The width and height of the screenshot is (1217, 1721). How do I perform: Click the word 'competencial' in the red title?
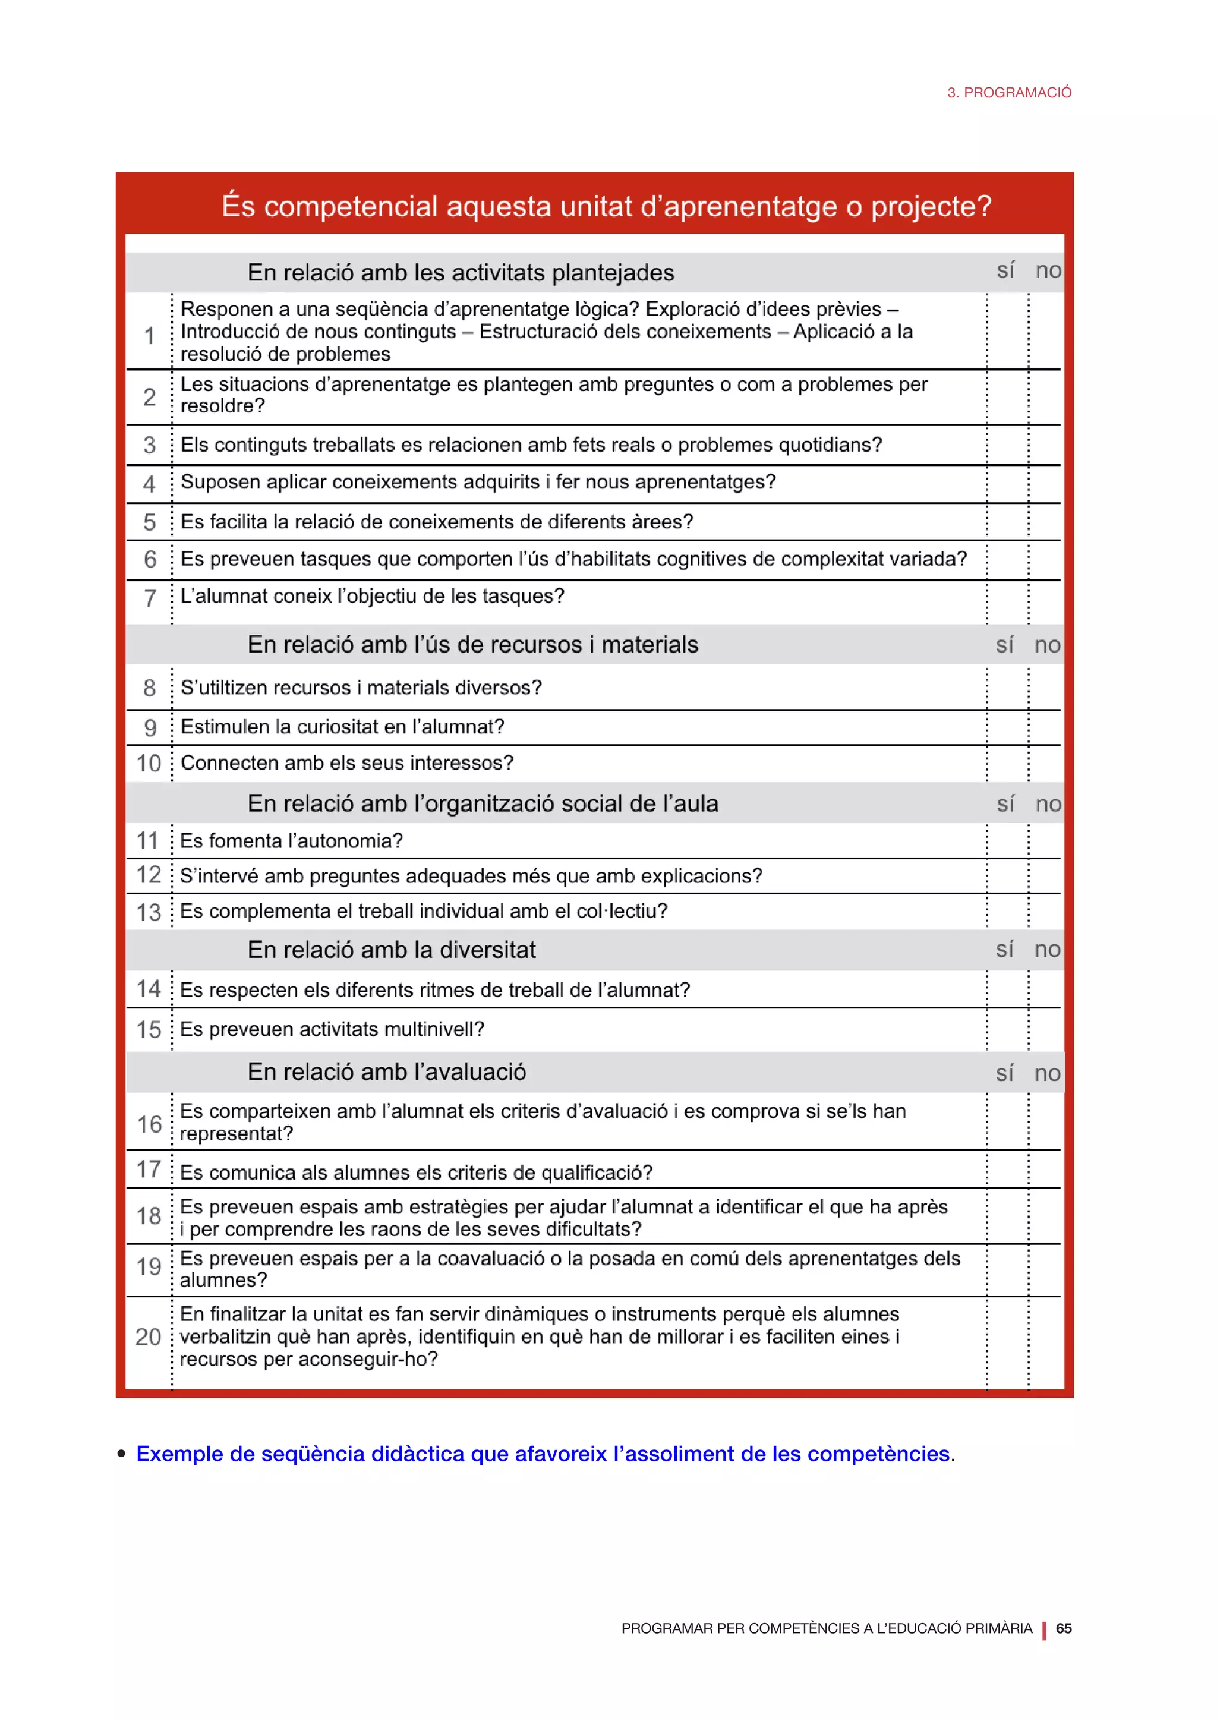click(x=350, y=206)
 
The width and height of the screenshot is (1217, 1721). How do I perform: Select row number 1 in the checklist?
click(x=149, y=335)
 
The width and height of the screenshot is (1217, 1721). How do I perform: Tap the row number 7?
click(x=150, y=597)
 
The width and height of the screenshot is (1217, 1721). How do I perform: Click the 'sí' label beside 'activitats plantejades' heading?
click(x=1005, y=270)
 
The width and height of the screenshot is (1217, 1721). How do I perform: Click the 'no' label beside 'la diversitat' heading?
click(x=1047, y=949)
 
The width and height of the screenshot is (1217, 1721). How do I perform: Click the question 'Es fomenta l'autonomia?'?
click(x=292, y=840)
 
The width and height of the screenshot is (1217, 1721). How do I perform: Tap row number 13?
click(x=149, y=912)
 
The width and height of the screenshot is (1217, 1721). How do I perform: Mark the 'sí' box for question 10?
click(x=1007, y=764)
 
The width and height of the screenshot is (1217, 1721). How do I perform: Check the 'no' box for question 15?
click(x=1045, y=1029)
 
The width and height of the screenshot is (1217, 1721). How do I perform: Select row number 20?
click(x=149, y=1337)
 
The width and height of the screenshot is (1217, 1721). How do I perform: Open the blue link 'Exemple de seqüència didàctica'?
click(x=543, y=1454)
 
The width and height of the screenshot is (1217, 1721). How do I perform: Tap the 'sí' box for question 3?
click(x=1007, y=445)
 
